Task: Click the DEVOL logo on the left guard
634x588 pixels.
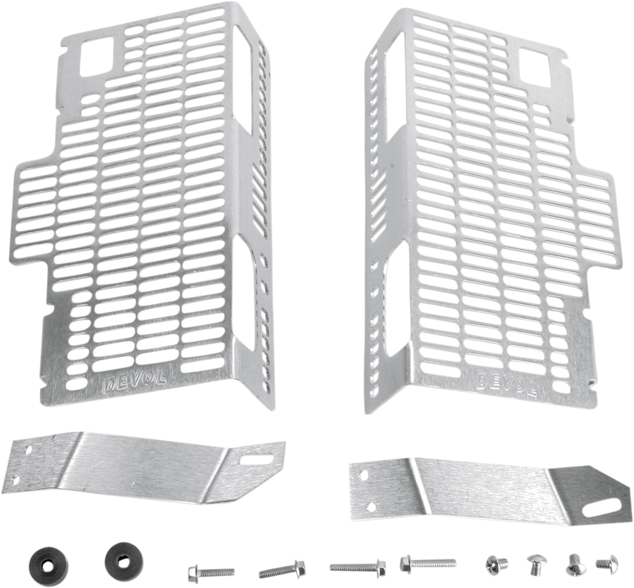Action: coord(134,382)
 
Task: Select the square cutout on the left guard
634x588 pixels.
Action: coord(98,56)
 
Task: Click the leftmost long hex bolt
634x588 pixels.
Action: coord(210,573)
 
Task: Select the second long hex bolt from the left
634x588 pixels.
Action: coord(282,569)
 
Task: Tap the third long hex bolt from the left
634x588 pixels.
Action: coord(358,566)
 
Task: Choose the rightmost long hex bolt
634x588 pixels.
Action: coord(428,563)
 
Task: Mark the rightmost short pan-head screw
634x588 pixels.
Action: coord(607,562)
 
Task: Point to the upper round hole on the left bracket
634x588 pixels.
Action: coord(29,450)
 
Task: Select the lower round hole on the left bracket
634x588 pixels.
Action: coord(15,480)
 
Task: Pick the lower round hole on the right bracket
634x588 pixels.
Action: coord(370,506)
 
